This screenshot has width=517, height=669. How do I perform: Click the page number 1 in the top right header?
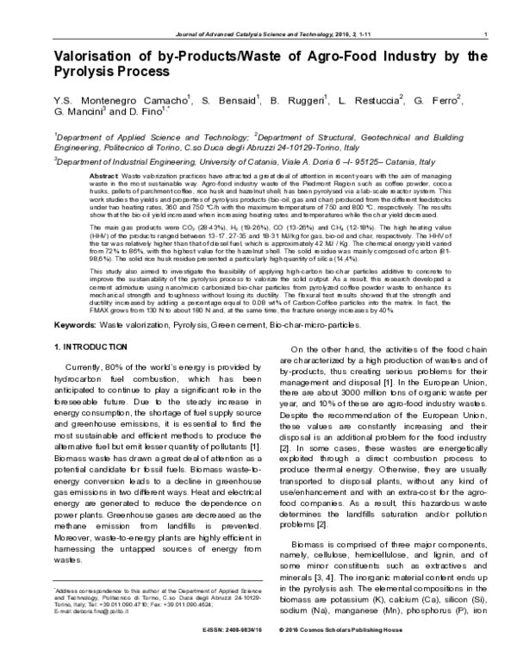click(x=487, y=34)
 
